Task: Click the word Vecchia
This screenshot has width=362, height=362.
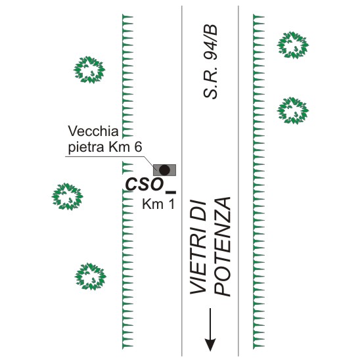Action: (93, 131)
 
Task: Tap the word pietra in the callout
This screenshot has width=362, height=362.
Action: (86, 147)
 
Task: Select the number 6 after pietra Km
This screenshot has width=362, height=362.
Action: (138, 147)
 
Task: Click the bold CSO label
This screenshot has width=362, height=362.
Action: (145, 185)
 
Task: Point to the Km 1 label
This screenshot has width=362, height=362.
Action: (158, 204)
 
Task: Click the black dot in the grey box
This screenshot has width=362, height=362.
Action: (164, 170)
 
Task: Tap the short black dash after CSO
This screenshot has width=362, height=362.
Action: (171, 192)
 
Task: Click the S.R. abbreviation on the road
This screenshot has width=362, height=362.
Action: (210, 83)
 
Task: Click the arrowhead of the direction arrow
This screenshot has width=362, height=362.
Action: (210, 344)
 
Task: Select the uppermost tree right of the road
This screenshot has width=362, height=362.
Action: (293, 45)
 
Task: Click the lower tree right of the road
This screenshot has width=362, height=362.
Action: (293, 110)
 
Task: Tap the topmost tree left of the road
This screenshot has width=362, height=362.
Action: (89, 70)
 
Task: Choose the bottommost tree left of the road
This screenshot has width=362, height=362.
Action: (90, 277)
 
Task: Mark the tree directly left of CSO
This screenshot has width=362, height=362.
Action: (67, 196)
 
